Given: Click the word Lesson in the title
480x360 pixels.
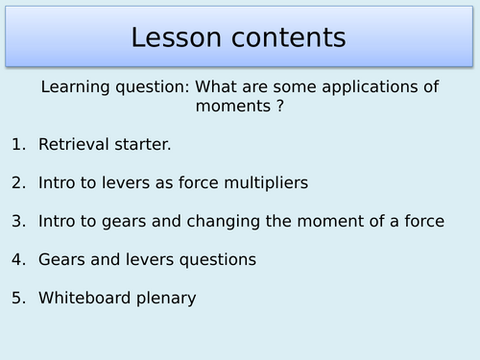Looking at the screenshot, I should pyautogui.click(x=179, y=38).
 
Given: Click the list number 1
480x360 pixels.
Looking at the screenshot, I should pyautogui.click(x=17, y=145).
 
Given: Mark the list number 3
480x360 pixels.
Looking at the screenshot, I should pyautogui.click(x=17, y=222).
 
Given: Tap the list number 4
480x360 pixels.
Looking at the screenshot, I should pyautogui.click(x=17, y=260).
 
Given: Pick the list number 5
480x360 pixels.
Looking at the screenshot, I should pyautogui.click(x=17, y=299).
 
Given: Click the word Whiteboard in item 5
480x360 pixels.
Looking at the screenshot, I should pyautogui.click(x=84, y=299).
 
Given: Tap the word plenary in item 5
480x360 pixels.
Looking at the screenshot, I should pyautogui.click(x=165, y=299).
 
